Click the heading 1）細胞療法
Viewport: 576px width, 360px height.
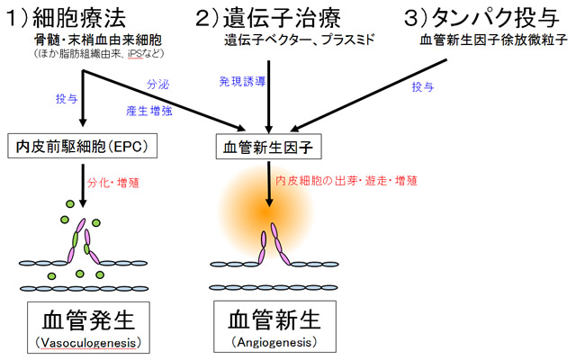coord(67,18)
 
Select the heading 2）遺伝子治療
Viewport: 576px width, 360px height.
coord(268,18)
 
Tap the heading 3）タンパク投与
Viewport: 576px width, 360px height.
coord(481,18)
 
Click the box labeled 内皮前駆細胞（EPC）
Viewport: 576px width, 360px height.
coord(83,146)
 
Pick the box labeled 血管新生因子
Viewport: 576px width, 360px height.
coord(268,147)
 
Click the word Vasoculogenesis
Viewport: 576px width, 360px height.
coord(88,343)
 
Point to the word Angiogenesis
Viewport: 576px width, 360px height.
coord(274,342)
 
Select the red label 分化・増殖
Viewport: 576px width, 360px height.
coord(113,183)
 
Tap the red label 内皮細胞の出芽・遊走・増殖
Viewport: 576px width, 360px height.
coord(346,181)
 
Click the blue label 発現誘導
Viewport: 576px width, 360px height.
coord(242,81)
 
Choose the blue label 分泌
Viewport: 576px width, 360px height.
coord(158,84)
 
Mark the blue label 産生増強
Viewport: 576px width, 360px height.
coord(149,111)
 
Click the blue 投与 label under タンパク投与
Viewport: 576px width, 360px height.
coord(422,86)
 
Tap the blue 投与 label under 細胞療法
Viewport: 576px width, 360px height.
coord(67,98)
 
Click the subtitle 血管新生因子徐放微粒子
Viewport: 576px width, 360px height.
coord(493,40)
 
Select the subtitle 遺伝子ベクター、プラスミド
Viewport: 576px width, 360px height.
coord(300,40)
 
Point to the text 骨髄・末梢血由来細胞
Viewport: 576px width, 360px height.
coord(98,40)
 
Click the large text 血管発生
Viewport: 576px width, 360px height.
coord(88,319)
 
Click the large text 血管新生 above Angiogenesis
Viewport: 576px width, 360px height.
coord(274,319)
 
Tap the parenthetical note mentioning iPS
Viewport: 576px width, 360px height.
coord(99,54)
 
